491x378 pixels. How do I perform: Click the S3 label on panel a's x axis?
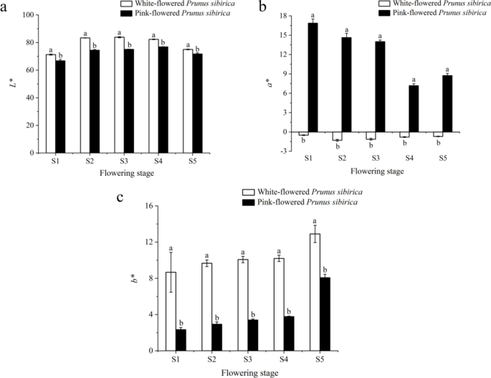click(124, 162)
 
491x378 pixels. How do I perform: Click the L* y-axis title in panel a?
click(11, 84)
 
